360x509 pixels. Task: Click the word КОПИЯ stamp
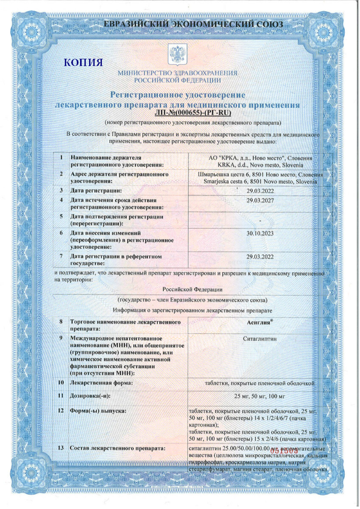pos(83,63)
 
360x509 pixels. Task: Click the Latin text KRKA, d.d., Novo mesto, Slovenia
pos(260,165)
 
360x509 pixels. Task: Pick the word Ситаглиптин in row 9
pos(260,339)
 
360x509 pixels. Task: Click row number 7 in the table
pos(61,256)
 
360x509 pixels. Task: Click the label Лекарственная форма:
pos(101,383)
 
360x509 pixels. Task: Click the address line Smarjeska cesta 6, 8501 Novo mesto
pos(260,181)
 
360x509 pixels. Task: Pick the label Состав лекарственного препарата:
pos(117,449)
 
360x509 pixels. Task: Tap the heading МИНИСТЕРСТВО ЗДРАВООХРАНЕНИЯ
pos(177,73)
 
